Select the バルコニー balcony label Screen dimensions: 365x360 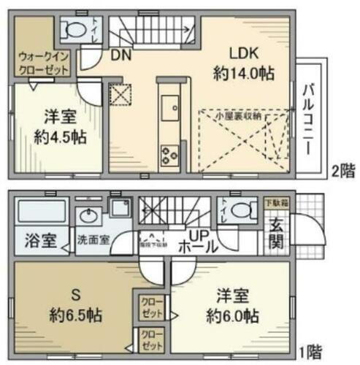(310, 118)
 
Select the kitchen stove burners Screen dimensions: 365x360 (169, 155)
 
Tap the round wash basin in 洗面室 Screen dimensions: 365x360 (90, 216)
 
